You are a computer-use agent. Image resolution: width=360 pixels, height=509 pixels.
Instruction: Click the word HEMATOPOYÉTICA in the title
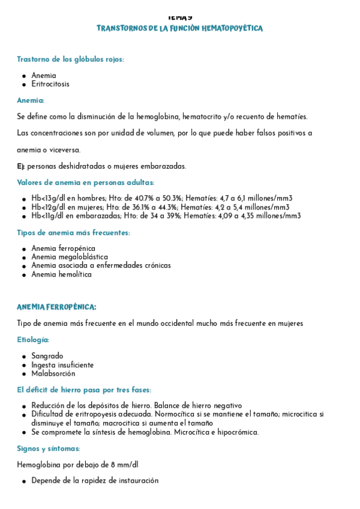pos(233,29)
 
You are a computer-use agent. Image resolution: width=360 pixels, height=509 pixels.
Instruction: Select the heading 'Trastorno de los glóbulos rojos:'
pos(70,59)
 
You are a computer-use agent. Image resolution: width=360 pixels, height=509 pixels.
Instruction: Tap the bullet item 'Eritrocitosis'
pos(50,84)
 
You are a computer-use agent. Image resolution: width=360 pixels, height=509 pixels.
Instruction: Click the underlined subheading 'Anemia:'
pos(31,100)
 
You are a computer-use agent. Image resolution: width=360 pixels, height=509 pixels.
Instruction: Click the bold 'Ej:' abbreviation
pos(21,166)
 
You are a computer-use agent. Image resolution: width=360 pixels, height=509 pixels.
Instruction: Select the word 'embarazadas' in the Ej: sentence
pos(163,166)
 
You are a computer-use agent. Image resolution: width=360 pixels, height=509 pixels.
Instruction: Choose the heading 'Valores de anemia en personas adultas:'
pos(85,182)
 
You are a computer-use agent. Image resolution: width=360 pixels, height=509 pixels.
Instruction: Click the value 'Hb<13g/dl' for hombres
pos(50,199)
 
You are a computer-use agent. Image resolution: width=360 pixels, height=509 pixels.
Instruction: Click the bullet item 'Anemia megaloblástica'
pos(70,257)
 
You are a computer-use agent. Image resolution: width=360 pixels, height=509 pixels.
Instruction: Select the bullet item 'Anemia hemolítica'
pos(62,274)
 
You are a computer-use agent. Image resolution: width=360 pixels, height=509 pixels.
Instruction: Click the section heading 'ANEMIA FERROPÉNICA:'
pos(56,307)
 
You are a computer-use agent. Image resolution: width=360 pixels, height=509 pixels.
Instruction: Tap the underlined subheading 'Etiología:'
pos(33,340)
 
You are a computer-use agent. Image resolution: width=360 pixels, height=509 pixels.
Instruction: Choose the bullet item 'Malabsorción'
pos(53,373)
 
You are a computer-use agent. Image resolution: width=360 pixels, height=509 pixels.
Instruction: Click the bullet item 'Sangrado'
pos(47,356)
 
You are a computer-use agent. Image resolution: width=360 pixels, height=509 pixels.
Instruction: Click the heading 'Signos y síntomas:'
pos(48,448)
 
